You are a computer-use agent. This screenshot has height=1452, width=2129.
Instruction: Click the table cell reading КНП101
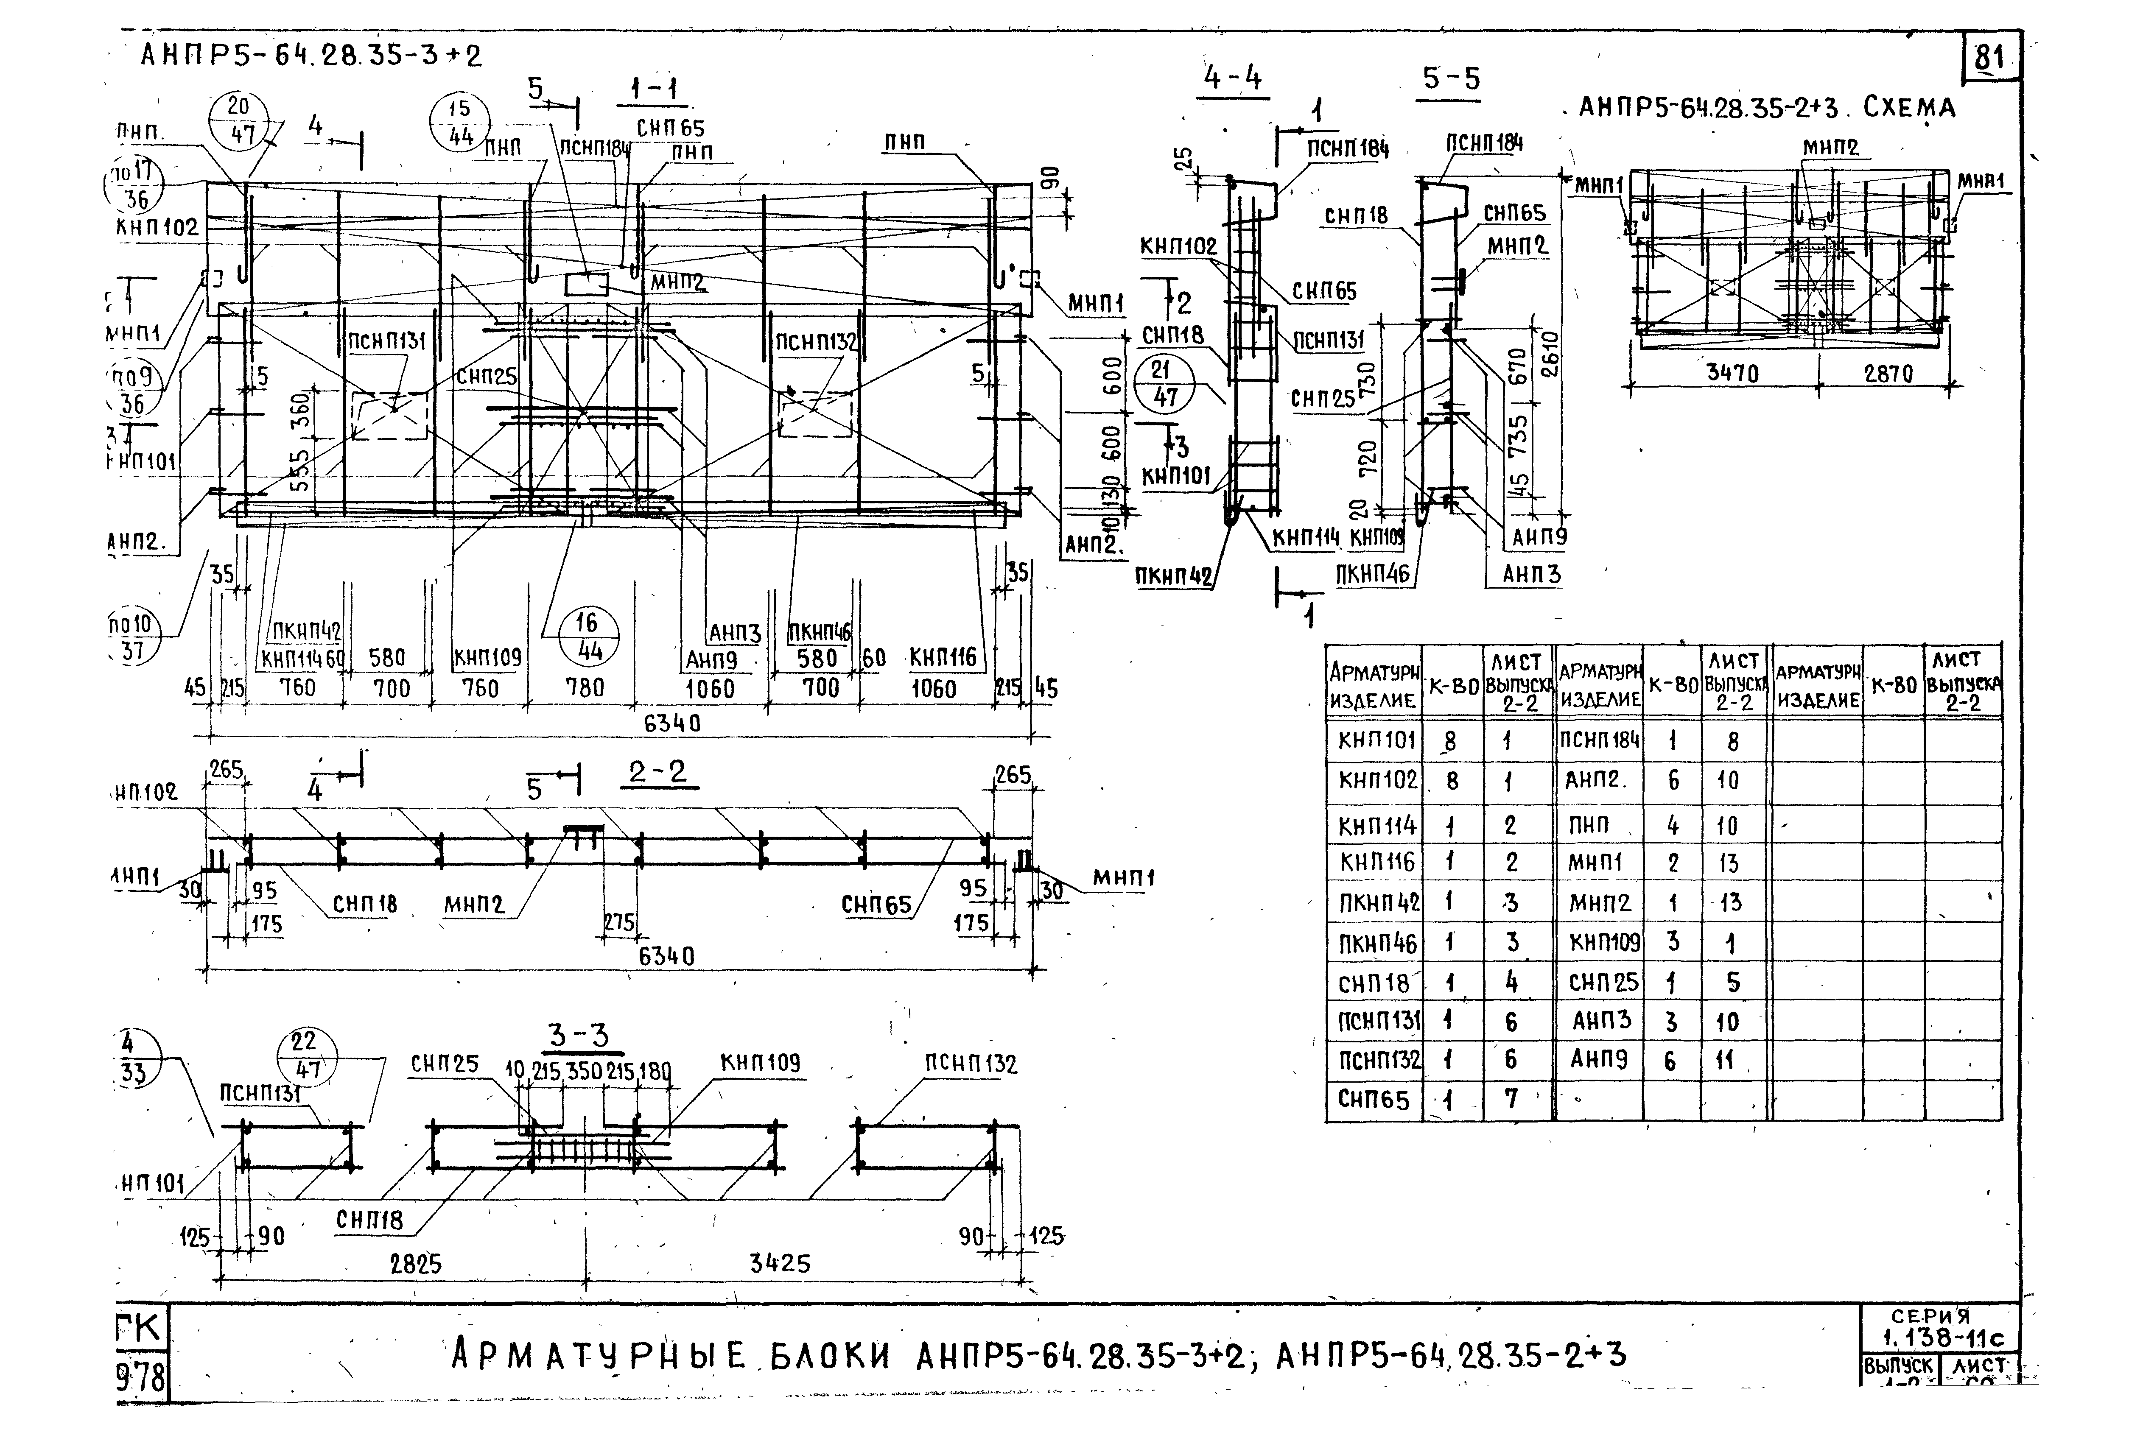pos(1375,740)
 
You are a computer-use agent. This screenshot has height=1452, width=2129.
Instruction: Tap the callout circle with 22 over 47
pos(304,1055)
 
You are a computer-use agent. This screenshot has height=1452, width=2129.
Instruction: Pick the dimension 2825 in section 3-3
pos(416,1264)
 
